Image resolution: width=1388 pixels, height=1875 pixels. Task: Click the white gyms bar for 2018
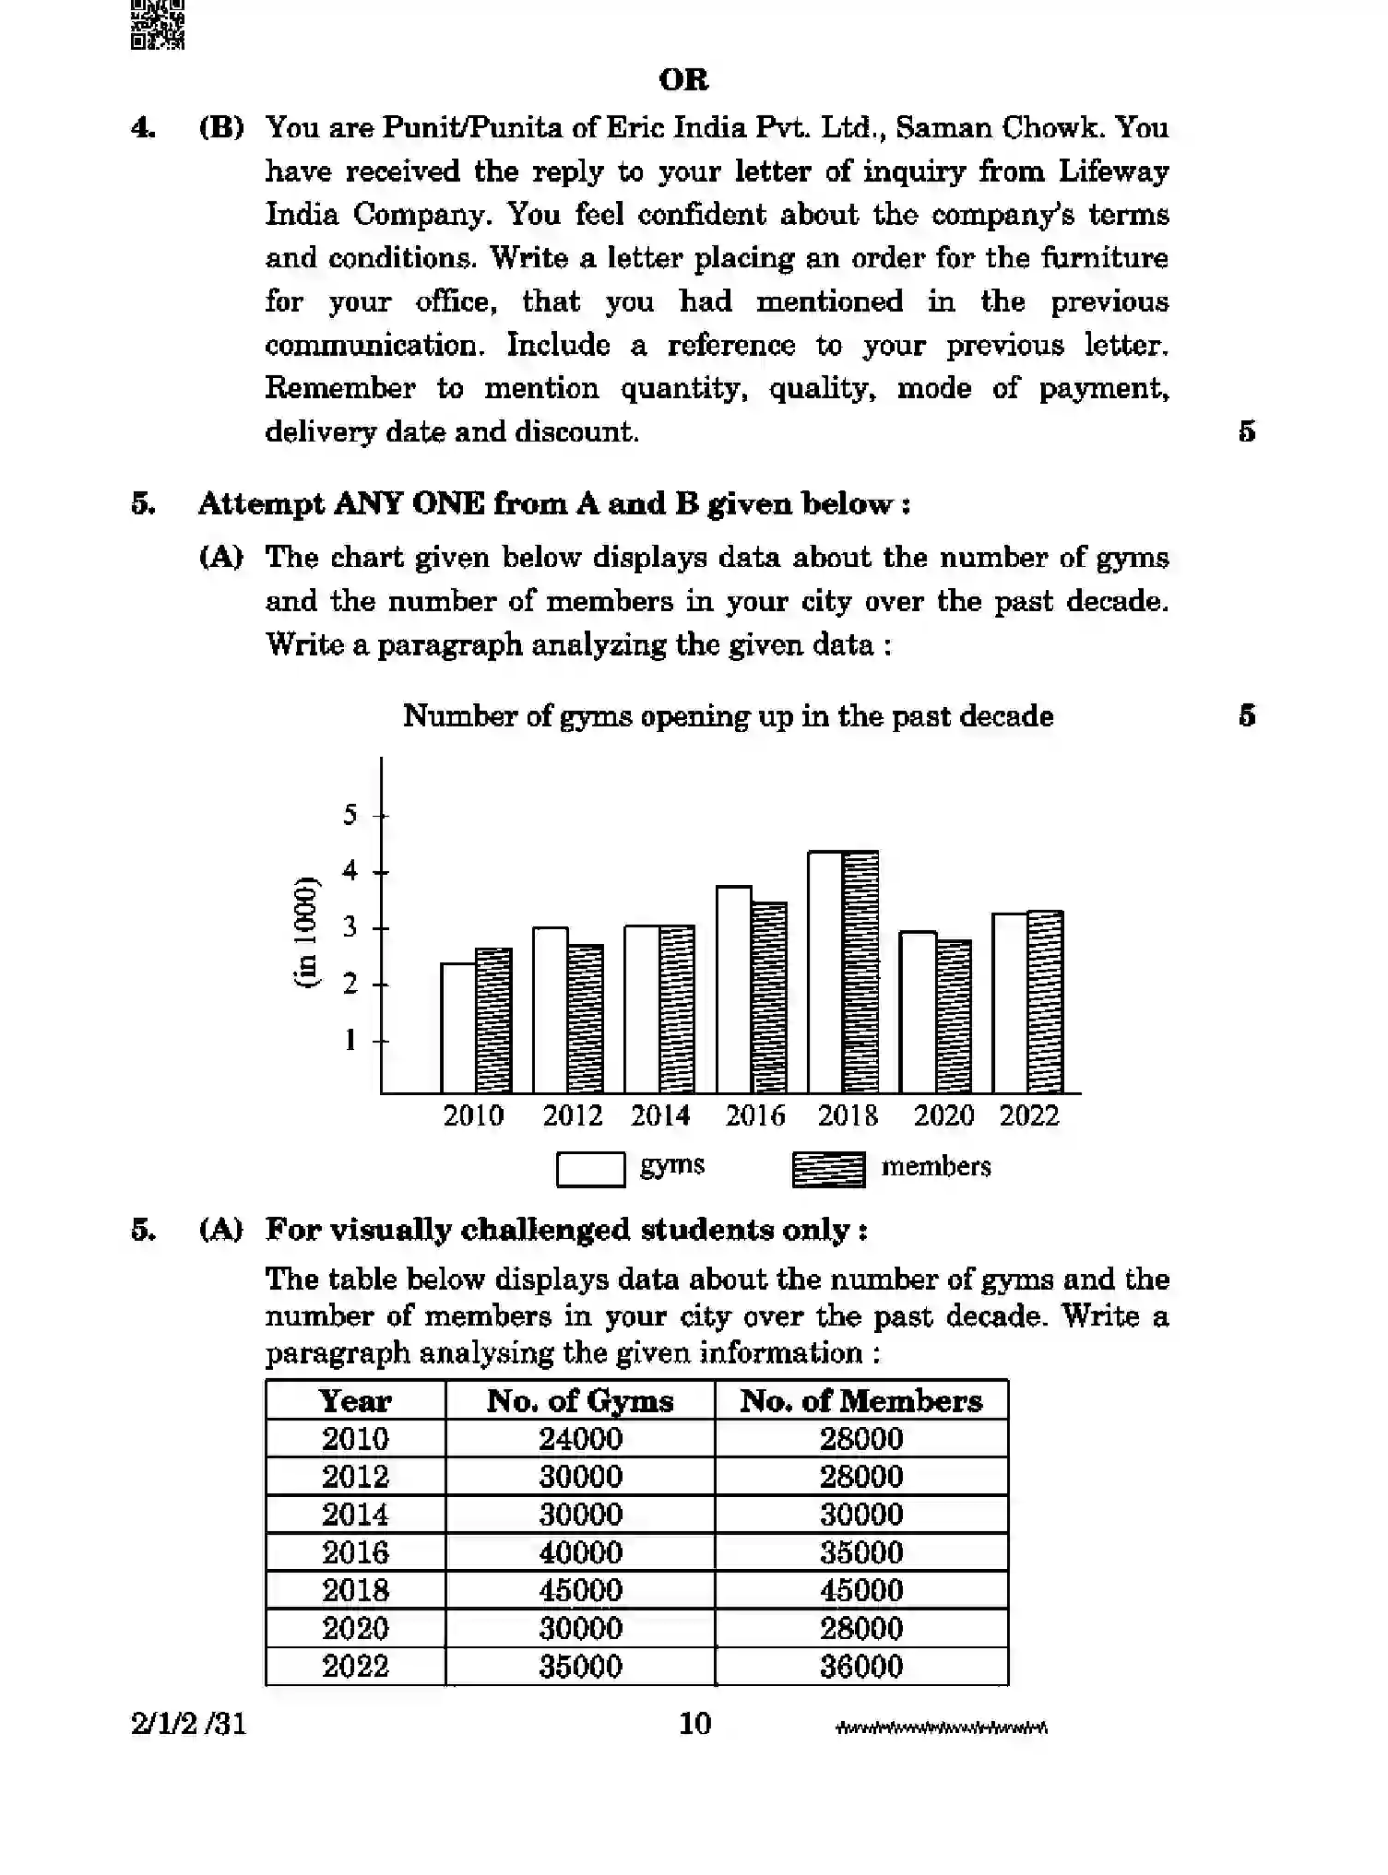click(x=825, y=973)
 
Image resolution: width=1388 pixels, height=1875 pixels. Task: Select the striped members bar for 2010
click(x=493, y=1020)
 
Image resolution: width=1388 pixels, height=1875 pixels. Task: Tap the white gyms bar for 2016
click(x=734, y=989)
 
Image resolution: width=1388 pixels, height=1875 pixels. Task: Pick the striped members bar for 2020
click(x=954, y=1017)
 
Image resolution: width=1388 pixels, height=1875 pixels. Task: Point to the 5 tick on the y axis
click(x=350, y=815)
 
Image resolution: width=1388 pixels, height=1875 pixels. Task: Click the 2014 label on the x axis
click(x=660, y=1116)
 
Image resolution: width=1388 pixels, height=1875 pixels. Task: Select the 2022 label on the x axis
click(x=1029, y=1116)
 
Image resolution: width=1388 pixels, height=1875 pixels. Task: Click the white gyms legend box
click(x=591, y=1170)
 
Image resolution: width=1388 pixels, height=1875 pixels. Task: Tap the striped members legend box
click(x=828, y=1170)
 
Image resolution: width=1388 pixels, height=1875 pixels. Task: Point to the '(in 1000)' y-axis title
click(x=306, y=932)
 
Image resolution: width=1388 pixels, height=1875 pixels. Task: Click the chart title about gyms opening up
click(x=728, y=716)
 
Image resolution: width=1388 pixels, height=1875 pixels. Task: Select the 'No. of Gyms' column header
click(x=580, y=1401)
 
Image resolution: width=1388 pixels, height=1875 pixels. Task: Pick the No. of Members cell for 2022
click(x=861, y=1667)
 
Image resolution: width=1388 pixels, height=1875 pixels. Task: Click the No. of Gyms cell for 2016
click(x=580, y=1553)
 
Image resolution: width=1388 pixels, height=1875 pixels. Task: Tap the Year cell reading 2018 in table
click(x=355, y=1591)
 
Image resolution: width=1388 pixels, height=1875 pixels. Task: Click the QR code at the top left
click(x=158, y=24)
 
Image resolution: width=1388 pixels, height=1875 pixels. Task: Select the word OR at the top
click(x=684, y=80)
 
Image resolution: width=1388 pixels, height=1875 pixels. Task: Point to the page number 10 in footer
click(x=695, y=1724)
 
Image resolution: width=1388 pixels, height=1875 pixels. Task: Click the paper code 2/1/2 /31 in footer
click(x=189, y=1724)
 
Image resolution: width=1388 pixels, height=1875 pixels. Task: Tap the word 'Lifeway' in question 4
click(x=1113, y=171)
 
